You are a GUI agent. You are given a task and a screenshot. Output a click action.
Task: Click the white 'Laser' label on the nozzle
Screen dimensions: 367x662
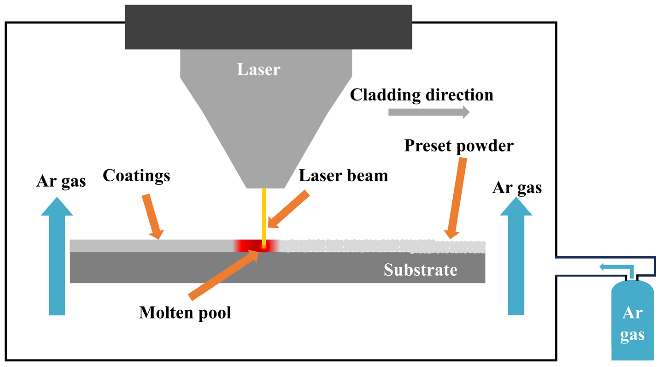(258, 69)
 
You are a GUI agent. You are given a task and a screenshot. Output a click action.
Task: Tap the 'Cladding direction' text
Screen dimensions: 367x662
(421, 95)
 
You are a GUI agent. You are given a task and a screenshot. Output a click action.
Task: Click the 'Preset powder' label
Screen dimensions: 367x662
(459, 146)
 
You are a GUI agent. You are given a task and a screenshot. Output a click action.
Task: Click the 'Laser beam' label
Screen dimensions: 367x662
(343, 176)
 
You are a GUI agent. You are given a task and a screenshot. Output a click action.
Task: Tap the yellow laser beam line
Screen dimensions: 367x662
(264, 216)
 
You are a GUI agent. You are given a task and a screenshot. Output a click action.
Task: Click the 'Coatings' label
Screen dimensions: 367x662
(136, 176)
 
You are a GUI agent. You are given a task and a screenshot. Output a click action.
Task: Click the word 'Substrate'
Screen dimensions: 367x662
(421, 270)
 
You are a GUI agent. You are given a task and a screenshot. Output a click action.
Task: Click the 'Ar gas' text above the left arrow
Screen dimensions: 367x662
(61, 182)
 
